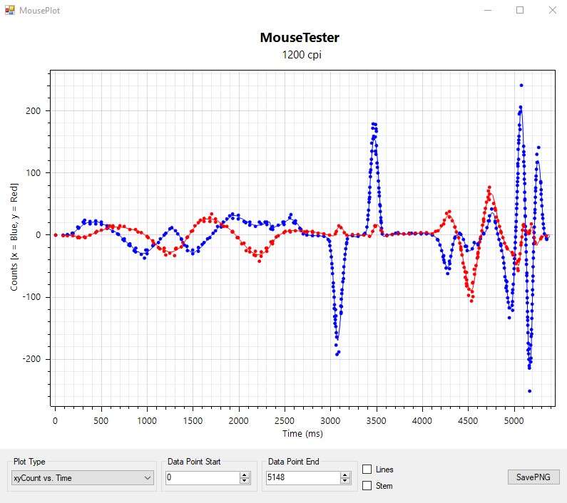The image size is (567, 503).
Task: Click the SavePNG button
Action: (533, 477)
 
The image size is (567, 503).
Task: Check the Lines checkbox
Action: (367, 470)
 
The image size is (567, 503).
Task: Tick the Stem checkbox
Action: (367, 486)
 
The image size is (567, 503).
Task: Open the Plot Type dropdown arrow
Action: (148, 478)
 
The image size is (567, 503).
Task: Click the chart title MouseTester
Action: (300, 38)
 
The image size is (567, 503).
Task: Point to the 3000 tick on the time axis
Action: (331, 421)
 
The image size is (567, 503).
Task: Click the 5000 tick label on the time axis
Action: (514, 421)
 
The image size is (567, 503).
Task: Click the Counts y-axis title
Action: (14, 235)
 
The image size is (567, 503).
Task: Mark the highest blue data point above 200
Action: (521, 85)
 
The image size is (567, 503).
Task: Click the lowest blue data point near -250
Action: (529, 391)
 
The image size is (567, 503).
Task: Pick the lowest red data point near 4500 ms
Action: (471, 301)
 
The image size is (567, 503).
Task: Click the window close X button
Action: (551, 10)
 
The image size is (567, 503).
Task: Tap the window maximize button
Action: (520, 10)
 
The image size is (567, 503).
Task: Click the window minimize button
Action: (489, 10)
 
